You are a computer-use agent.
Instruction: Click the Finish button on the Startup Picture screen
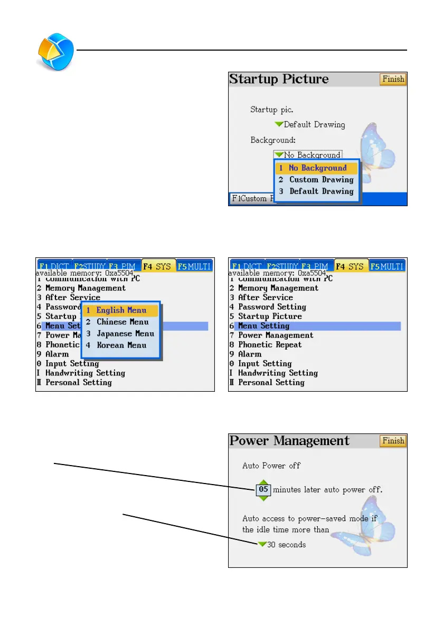pyautogui.click(x=393, y=79)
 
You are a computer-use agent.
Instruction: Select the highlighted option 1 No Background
pyautogui.click(x=317, y=168)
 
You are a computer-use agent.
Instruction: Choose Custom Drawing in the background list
pyautogui.click(x=317, y=180)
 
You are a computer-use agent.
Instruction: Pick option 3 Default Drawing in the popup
pyautogui.click(x=317, y=191)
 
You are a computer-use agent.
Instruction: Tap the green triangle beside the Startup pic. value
pyautogui.click(x=279, y=124)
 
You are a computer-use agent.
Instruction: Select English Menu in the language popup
pyautogui.click(x=121, y=310)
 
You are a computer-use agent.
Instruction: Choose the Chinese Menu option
pyautogui.click(x=121, y=322)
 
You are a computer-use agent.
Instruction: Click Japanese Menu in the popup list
pyautogui.click(x=121, y=333)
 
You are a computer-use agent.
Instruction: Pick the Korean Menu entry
pyautogui.click(x=121, y=345)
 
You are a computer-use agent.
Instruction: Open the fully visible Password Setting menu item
pyautogui.click(x=271, y=307)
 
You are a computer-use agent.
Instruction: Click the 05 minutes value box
pyautogui.click(x=264, y=490)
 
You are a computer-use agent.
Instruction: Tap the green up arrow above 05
pyautogui.click(x=264, y=481)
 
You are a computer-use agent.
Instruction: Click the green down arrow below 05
pyautogui.click(x=264, y=498)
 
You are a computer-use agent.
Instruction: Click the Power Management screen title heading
pyautogui.click(x=289, y=441)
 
